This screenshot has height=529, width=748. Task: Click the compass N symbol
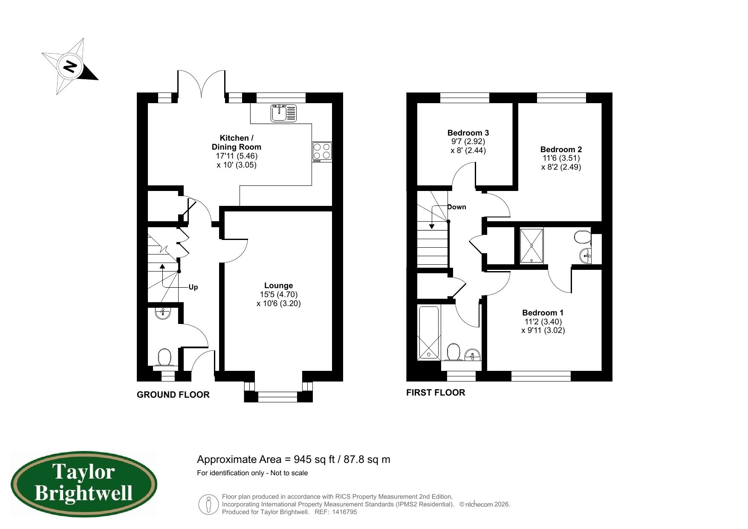click(70, 66)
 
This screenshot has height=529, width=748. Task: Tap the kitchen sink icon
click(283, 113)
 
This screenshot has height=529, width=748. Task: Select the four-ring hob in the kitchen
click(322, 151)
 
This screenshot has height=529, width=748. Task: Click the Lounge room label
click(278, 286)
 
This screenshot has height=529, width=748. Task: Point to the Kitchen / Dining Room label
click(237, 142)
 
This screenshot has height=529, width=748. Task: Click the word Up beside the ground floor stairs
click(193, 287)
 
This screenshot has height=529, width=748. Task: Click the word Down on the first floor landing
click(456, 207)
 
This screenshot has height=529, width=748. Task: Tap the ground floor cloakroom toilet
click(164, 357)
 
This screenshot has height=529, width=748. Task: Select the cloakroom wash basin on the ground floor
click(163, 313)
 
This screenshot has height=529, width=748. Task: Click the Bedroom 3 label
click(468, 133)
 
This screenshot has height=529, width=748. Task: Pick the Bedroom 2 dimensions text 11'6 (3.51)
click(561, 158)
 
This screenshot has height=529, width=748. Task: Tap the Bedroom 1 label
click(543, 313)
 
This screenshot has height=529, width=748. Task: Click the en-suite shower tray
click(531, 246)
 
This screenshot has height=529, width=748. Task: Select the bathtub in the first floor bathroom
click(428, 333)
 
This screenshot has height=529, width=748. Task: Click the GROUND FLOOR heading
click(173, 395)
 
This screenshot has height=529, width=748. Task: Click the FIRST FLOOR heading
click(435, 393)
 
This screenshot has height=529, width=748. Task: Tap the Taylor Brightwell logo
click(84, 485)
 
